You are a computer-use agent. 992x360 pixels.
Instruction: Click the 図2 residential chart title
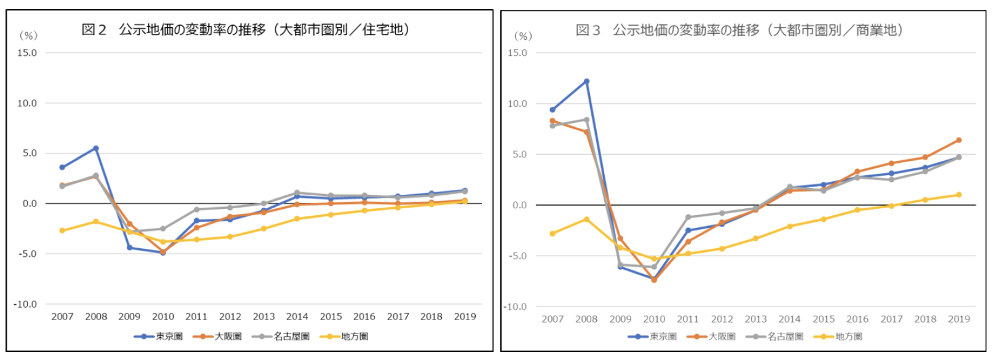[246, 29]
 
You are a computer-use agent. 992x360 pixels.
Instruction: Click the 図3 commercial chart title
[739, 30]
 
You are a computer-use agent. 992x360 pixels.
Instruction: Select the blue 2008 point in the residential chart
[96, 148]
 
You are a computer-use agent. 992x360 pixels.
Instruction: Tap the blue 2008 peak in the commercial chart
[586, 81]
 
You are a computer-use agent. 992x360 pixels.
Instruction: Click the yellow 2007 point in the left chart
[62, 230]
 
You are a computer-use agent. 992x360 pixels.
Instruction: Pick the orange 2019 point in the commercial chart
[959, 140]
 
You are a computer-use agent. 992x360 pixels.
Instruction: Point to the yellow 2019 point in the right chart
[959, 195]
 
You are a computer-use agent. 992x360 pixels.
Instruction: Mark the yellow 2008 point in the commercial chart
[586, 219]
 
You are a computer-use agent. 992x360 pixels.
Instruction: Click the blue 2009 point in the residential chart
[129, 248]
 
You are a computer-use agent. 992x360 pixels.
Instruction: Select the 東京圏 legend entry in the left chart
[159, 337]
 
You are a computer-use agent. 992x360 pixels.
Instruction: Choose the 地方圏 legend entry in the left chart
[345, 337]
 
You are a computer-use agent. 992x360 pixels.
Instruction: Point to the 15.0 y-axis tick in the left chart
[27, 53]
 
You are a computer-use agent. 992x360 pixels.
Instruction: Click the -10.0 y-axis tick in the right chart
[515, 307]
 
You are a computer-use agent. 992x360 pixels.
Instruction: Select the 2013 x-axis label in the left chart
[264, 316]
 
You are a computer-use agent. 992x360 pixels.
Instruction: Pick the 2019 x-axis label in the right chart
[959, 319]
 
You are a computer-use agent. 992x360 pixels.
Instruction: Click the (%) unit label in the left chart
[28, 36]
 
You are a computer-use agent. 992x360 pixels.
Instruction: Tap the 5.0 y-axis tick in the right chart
[520, 154]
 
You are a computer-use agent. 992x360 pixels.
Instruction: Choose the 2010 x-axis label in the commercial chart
[654, 319]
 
